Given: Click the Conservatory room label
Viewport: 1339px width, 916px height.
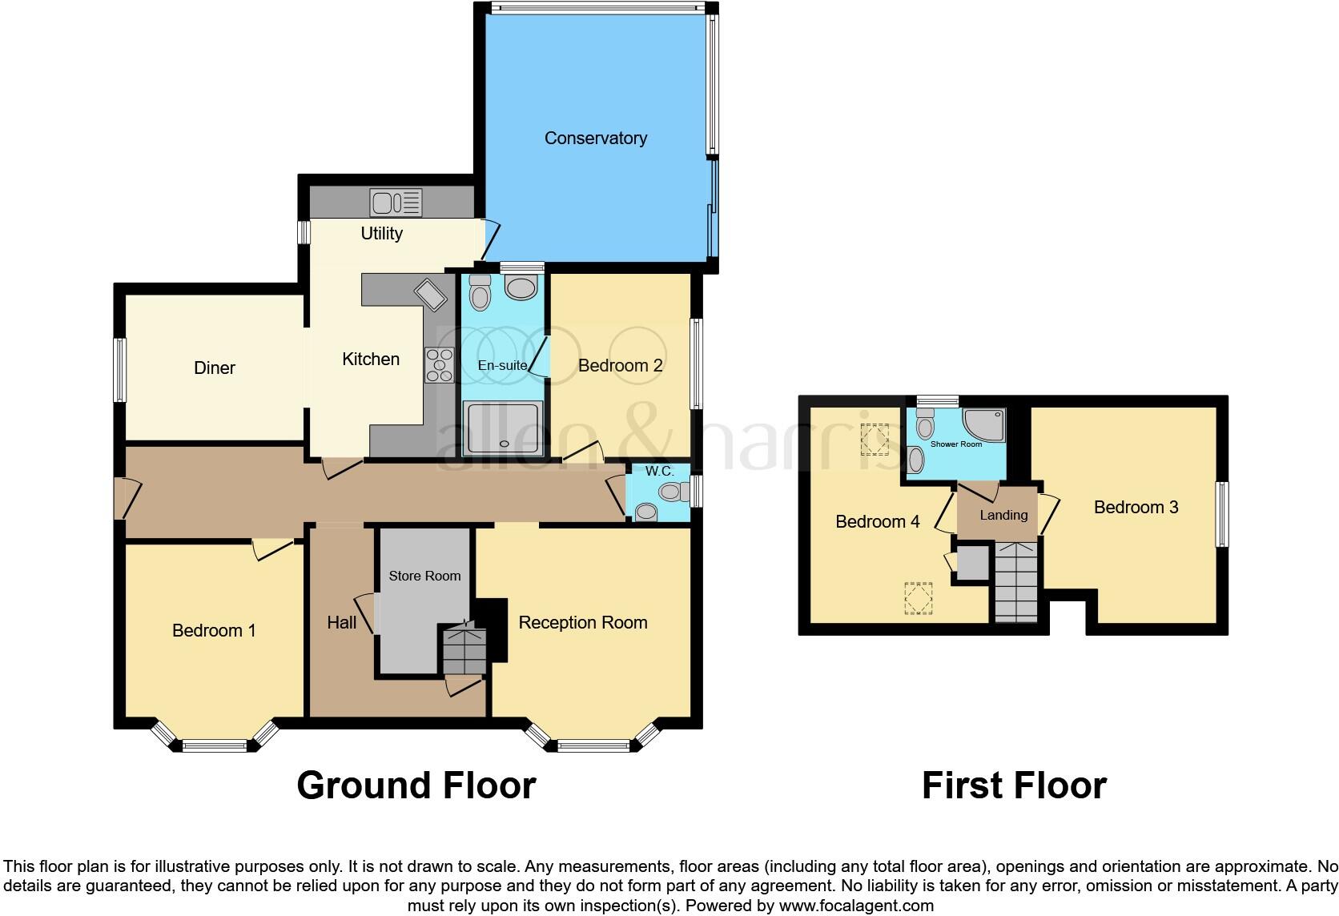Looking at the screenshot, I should point(595,139).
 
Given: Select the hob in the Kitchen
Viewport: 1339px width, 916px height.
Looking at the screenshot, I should point(439,364).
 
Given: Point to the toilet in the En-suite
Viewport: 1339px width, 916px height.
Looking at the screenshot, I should point(481,293).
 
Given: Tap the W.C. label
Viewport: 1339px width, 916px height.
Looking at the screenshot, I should point(659,472).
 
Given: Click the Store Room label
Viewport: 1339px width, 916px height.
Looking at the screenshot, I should point(424,576).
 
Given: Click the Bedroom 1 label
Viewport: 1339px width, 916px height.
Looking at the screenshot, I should point(214,631).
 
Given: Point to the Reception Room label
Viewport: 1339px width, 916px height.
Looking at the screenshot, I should point(582,623).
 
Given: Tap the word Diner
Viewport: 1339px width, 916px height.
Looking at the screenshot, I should point(215,368).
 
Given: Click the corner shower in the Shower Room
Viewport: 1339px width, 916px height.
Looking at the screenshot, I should point(984,425).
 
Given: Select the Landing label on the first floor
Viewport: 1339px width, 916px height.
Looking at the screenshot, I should point(1003,516).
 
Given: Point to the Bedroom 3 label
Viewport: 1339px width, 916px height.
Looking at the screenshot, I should point(1136,508).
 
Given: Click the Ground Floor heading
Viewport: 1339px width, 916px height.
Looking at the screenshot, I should point(416,785).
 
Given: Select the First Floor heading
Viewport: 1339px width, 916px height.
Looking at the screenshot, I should point(1014,785).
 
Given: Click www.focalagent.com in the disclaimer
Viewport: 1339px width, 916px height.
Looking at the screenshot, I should point(855,906).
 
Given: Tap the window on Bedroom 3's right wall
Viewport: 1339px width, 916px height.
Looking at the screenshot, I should point(1222,514).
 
